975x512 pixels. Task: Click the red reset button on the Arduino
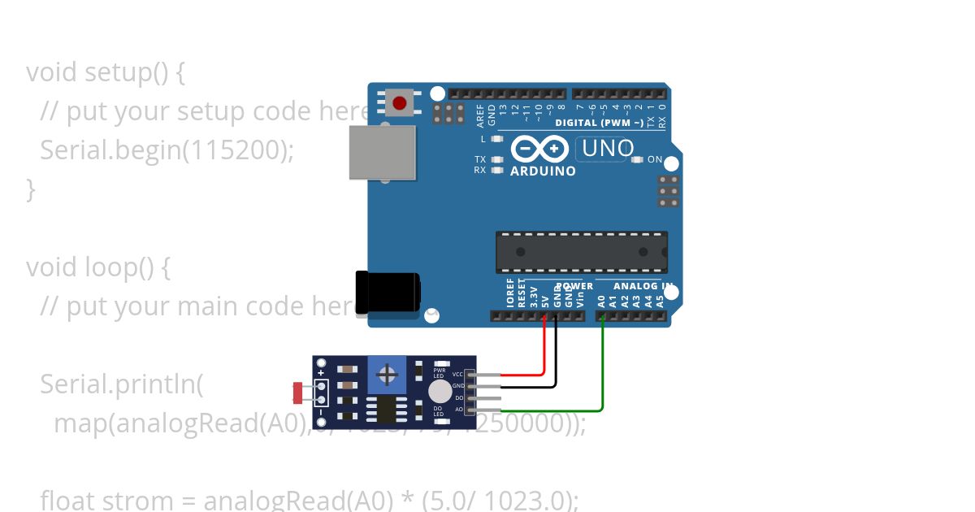coord(399,103)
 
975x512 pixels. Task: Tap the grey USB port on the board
coord(382,152)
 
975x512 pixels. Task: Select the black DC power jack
coord(388,290)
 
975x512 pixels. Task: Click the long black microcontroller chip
coord(582,252)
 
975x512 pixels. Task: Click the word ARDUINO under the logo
coord(543,171)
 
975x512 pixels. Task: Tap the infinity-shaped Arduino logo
coord(539,149)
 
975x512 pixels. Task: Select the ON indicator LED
coord(636,160)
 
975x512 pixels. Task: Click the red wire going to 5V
coord(544,349)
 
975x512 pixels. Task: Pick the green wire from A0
coord(602,366)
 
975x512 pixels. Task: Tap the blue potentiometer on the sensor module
coord(388,375)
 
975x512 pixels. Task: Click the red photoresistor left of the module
coord(297,393)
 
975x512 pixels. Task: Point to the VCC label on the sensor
coord(457,374)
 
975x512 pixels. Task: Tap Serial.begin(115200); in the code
coord(167,150)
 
